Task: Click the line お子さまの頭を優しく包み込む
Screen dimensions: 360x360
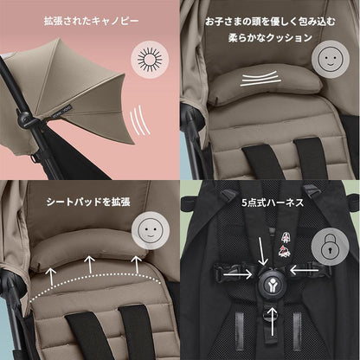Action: tap(270, 21)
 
